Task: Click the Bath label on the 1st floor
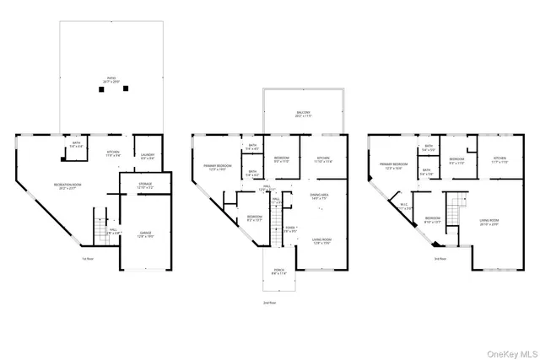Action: click(x=77, y=144)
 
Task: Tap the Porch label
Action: click(x=278, y=272)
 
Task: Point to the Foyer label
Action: click(x=289, y=228)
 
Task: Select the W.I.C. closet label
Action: click(x=404, y=207)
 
